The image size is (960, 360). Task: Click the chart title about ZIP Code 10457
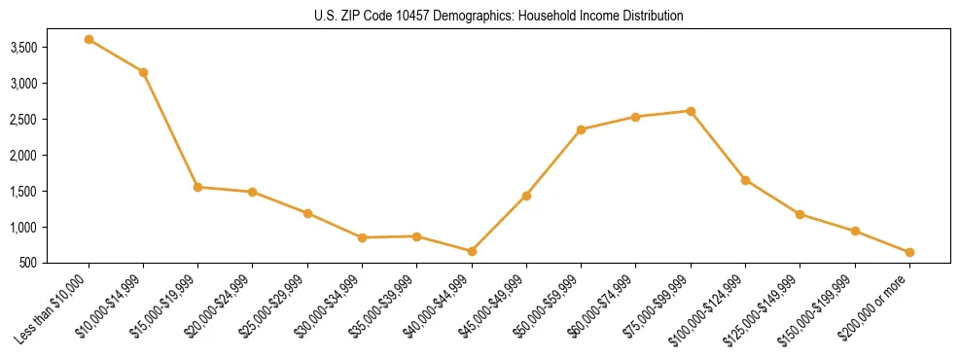pos(499,17)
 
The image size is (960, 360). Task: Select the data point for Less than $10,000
pos(89,40)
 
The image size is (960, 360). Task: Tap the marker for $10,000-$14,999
pos(143,72)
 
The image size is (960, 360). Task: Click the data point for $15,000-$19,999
pos(198,187)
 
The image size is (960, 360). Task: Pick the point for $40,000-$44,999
pos(472,251)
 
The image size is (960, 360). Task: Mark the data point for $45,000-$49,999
pos(526,196)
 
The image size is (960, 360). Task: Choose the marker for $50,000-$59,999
pos(581,129)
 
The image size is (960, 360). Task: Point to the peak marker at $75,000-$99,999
pos(691,111)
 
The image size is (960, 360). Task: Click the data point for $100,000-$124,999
pos(745,180)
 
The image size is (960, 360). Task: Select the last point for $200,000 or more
pos(909,252)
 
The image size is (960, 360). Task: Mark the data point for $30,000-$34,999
pos(362,237)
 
